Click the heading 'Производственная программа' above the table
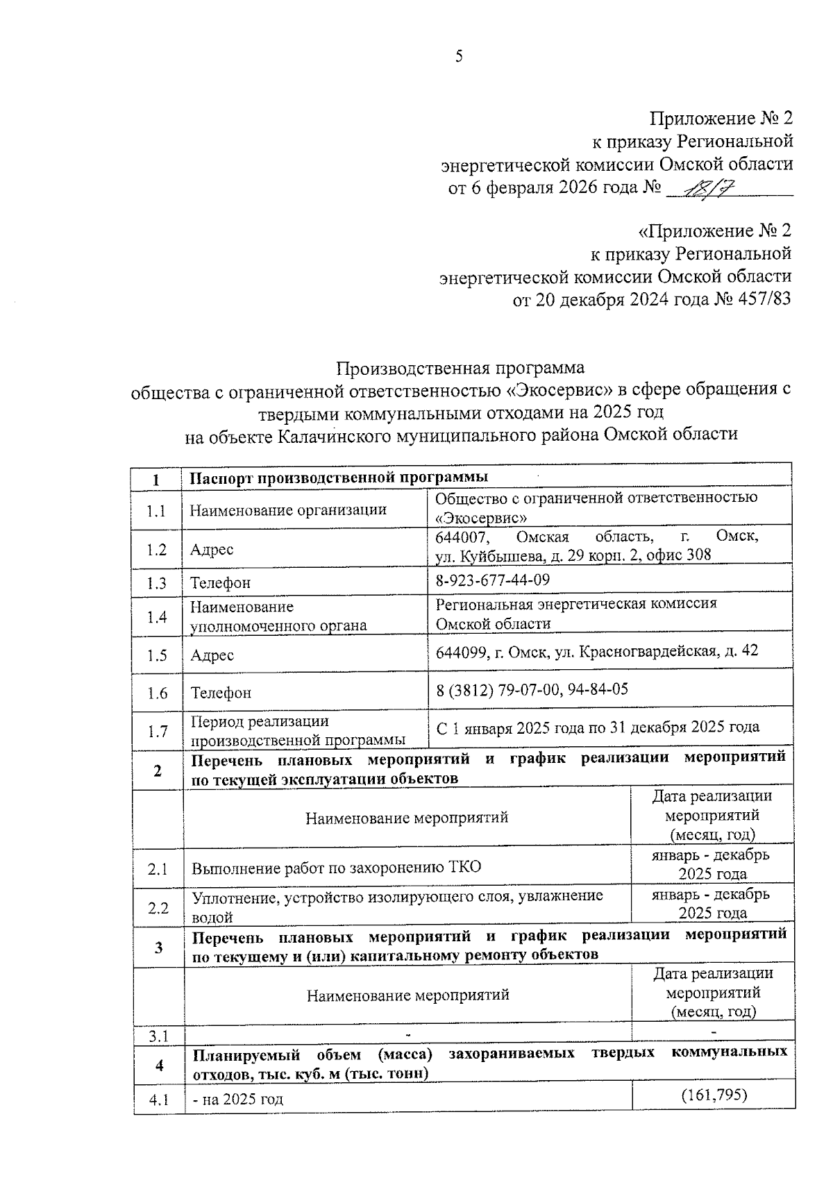tap(460, 367)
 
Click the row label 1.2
tap(157, 550)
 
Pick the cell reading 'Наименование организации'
tap(288, 510)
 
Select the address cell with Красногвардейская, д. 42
tap(597, 651)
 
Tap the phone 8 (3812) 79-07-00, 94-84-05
tap(532, 689)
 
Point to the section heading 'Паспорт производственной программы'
tap(339, 478)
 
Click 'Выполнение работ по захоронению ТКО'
tap(336, 868)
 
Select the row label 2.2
tap(158, 907)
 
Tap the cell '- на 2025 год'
tap(238, 1100)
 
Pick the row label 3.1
tap(159, 1036)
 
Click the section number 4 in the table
tap(159, 1065)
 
